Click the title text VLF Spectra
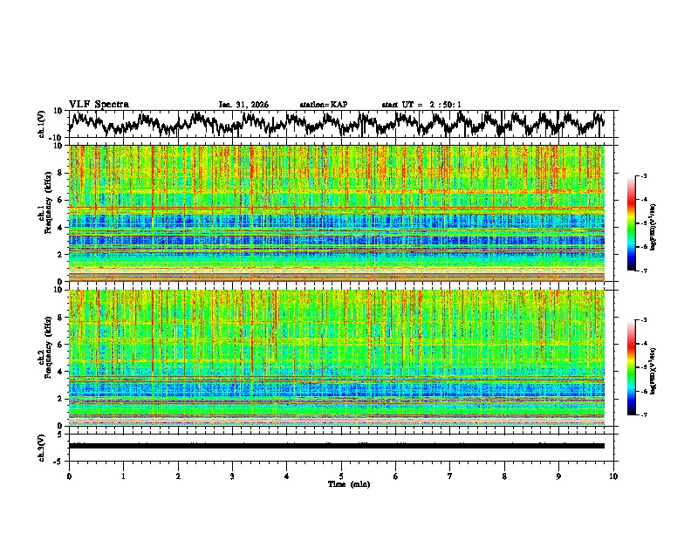(99, 104)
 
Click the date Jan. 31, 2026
(243, 105)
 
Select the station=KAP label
(323, 105)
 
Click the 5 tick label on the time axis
(341, 476)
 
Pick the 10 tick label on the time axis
(613, 476)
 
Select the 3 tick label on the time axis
(232, 476)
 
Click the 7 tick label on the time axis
(450, 476)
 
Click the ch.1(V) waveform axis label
(43, 125)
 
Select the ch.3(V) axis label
(43, 447)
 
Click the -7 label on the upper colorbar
(645, 271)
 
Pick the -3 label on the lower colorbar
(645, 320)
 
